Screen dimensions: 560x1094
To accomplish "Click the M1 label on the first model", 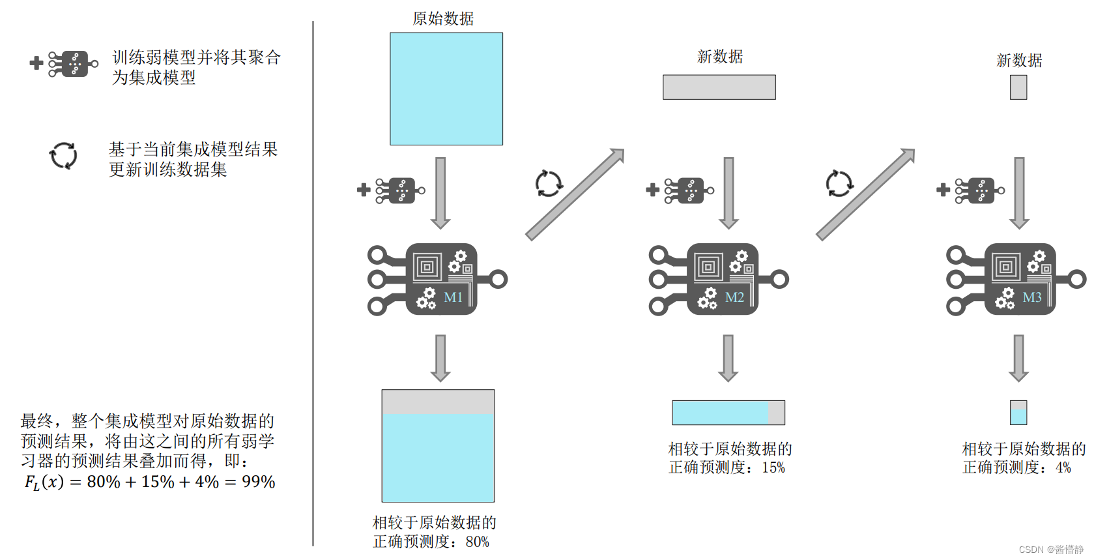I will [453, 297].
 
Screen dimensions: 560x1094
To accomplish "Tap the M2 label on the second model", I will [734, 297].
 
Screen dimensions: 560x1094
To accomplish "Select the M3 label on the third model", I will [1031, 297].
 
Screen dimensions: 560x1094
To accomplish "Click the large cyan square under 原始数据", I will [446, 89].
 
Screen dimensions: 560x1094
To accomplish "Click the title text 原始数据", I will [443, 19].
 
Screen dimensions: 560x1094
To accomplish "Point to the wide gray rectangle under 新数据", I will [719, 87].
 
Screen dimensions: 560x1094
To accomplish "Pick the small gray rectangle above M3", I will [1018, 87].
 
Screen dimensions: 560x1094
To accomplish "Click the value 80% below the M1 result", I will [478, 542].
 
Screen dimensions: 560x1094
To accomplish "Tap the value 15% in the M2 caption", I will [773, 467].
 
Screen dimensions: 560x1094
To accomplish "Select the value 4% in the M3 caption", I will [1063, 467].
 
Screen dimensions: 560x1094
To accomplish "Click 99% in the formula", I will [259, 482].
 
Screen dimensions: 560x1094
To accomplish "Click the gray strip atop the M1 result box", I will [438, 402].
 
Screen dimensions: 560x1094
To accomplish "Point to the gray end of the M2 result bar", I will [777, 413].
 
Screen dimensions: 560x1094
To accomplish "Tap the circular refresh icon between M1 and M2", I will [549, 184].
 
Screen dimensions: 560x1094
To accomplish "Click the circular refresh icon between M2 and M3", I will [839, 184].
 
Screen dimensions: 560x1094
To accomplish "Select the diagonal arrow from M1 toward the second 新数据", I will [575, 194].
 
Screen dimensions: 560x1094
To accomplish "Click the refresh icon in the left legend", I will [63, 156].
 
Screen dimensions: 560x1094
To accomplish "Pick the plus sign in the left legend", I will [36, 63].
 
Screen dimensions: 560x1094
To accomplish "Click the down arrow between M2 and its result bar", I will [728, 357].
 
